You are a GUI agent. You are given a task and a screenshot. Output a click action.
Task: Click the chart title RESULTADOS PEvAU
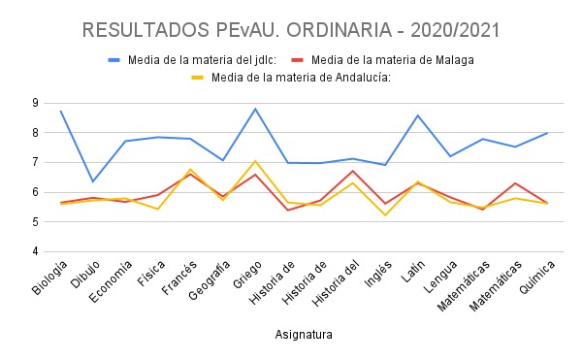click(x=291, y=29)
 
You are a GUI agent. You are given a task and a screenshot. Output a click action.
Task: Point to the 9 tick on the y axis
click(x=35, y=102)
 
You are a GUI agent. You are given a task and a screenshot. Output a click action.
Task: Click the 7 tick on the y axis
click(x=35, y=162)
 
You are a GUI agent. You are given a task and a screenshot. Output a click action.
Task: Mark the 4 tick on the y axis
click(x=35, y=252)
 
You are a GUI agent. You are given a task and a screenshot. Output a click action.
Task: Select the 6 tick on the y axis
click(x=35, y=192)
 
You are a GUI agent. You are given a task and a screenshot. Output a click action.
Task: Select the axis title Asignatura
click(x=303, y=335)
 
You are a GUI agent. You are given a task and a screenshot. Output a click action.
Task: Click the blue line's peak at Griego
click(x=255, y=109)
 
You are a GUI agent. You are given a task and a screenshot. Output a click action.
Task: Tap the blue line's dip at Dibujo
click(x=93, y=181)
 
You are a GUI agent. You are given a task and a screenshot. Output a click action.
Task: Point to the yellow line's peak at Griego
click(x=255, y=161)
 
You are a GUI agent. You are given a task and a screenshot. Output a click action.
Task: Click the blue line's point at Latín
click(x=417, y=115)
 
